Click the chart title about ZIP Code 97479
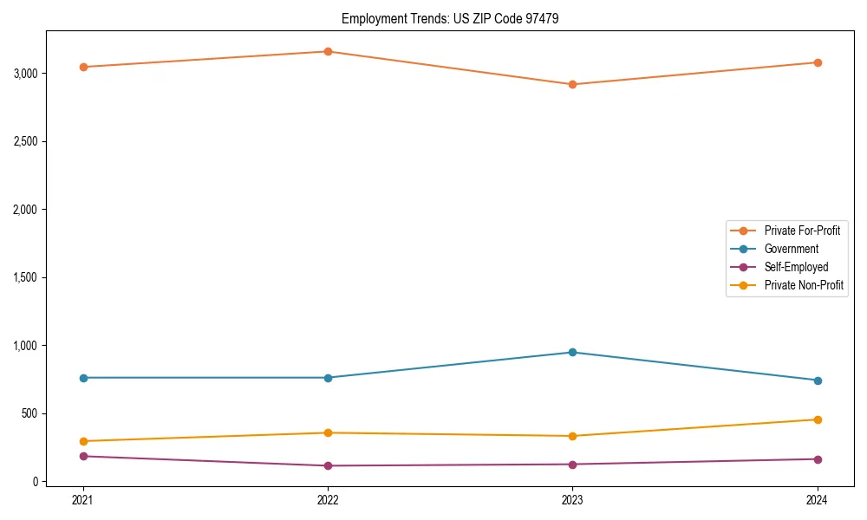[444, 18]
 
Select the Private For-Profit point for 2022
[328, 51]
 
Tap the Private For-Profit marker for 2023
[572, 84]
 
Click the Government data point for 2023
[572, 352]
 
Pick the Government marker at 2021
[83, 378]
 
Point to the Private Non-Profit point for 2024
[817, 419]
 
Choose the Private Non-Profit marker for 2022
[328, 432]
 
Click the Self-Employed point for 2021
[83, 456]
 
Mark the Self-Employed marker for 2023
[572, 464]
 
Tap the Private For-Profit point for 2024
[817, 62]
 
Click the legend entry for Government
[791, 249]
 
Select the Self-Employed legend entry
[796, 267]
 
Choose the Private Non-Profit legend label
[804, 285]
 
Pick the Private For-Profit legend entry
[802, 231]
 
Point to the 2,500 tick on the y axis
[26, 141]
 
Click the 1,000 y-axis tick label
[26, 346]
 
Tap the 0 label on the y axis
[36, 482]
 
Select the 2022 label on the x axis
[328, 500]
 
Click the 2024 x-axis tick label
[817, 500]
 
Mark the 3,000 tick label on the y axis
[26, 74]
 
